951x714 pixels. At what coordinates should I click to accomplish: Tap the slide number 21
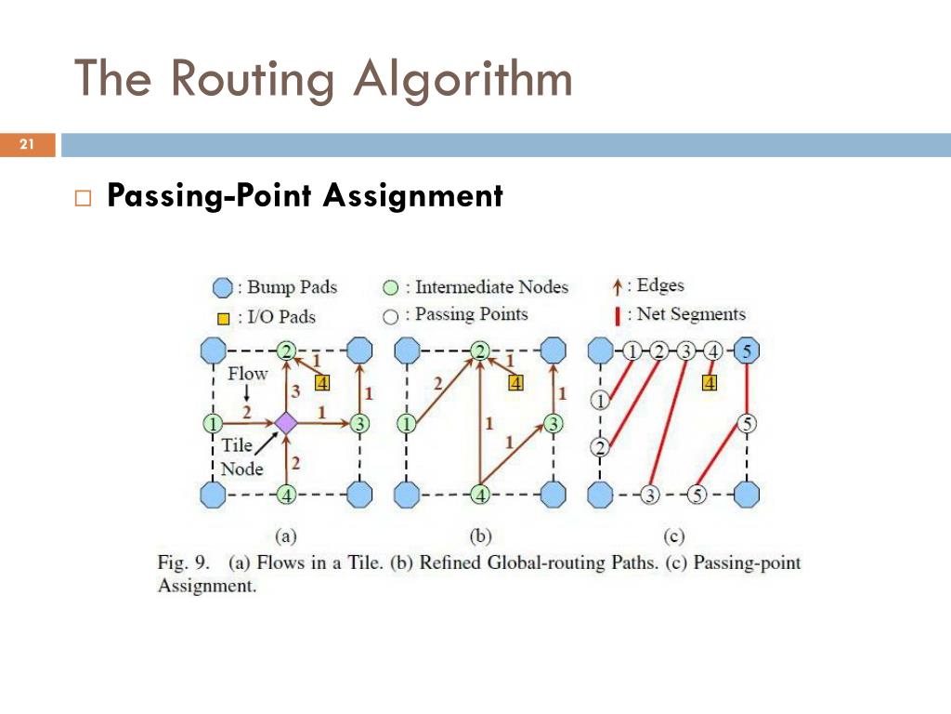pyautogui.click(x=26, y=144)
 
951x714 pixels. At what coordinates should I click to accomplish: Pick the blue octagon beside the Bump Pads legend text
pyautogui.click(x=224, y=287)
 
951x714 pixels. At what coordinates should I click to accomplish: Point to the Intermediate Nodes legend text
pyautogui.click(x=491, y=287)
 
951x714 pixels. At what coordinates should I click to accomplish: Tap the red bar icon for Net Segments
pyautogui.click(x=618, y=315)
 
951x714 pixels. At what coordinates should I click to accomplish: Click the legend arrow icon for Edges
pyautogui.click(x=619, y=287)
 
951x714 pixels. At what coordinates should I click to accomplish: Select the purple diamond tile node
pyautogui.click(x=287, y=423)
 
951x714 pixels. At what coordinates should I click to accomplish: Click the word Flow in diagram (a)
pyautogui.click(x=247, y=374)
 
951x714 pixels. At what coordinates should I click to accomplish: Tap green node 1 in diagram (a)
pyautogui.click(x=213, y=424)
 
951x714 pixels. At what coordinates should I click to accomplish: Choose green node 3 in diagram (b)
pyautogui.click(x=554, y=424)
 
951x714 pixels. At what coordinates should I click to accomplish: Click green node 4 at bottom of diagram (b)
pyautogui.click(x=480, y=496)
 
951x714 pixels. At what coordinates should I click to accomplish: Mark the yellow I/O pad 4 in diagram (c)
pyautogui.click(x=710, y=382)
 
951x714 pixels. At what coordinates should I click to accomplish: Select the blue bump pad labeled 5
pyautogui.click(x=747, y=351)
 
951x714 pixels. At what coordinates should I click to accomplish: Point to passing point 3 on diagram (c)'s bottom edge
pyautogui.click(x=650, y=496)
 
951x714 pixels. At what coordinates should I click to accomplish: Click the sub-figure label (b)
pyautogui.click(x=480, y=535)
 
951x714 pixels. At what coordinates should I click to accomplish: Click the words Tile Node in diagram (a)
pyautogui.click(x=239, y=456)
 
